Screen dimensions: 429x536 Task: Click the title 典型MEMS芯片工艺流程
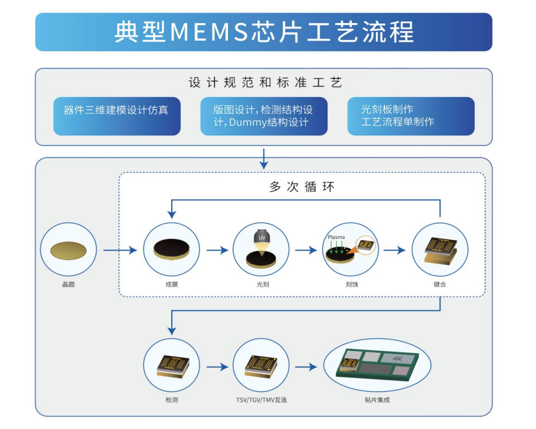tap(263, 32)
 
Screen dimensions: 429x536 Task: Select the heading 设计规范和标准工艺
tap(265, 82)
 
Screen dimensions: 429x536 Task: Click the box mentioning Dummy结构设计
tap(263, 116)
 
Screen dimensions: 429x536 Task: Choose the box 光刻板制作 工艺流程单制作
tap(410, 116)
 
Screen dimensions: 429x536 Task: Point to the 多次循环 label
tap(302, 187)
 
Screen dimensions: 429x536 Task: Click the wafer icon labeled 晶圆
tap(68, 250)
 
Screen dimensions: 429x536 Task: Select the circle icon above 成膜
tap(171, 250)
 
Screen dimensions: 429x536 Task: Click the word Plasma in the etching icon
tap(336, 237)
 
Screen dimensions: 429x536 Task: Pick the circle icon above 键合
tap(440, 250)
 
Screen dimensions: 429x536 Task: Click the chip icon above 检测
tap(171, 366)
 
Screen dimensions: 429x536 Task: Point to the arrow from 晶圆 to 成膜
tap(120, 250)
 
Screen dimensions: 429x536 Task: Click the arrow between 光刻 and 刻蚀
tap(306, 250)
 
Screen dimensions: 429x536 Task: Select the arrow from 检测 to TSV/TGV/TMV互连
tap(217, 367)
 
